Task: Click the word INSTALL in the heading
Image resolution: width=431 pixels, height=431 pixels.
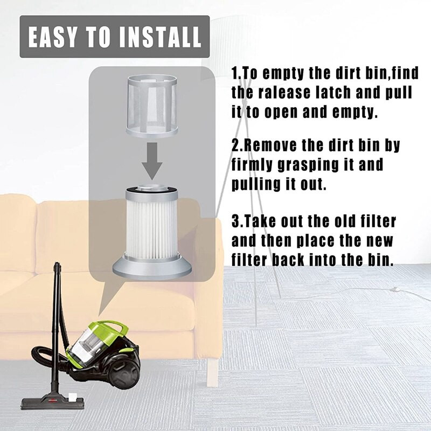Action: (x=160, y=37)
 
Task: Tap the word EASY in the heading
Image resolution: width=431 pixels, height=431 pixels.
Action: (x=52, y=37)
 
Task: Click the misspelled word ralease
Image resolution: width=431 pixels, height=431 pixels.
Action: (x=284, y=92)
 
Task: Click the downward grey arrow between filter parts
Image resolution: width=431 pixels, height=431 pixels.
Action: (x=152, y=161)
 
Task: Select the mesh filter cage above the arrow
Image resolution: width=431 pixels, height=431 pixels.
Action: (x=152, y=106)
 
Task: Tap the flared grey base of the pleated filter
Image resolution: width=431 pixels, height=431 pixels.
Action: (x=152, y=267)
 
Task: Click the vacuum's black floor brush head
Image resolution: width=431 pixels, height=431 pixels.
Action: (x=52, y=403)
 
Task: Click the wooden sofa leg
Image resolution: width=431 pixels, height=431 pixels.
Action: (x=212, y=372)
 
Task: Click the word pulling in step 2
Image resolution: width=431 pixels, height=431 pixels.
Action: (x=255, y=185)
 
